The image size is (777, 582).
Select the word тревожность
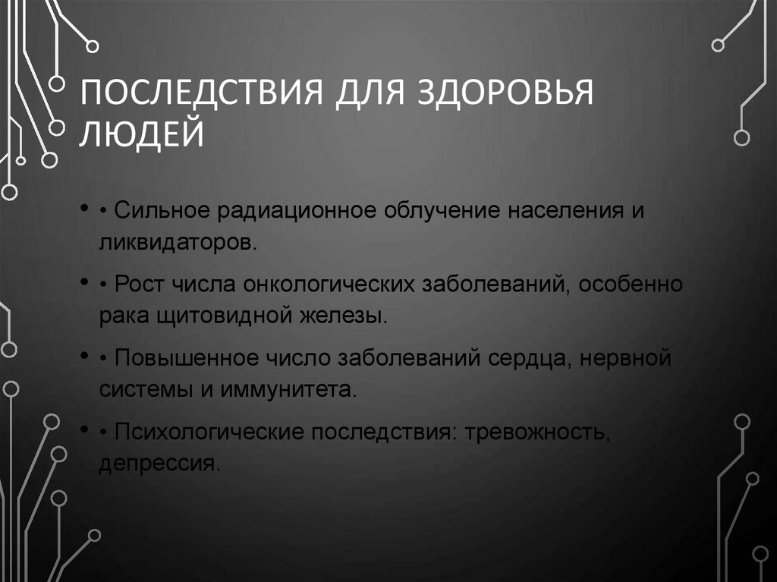(x=536, y=433)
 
